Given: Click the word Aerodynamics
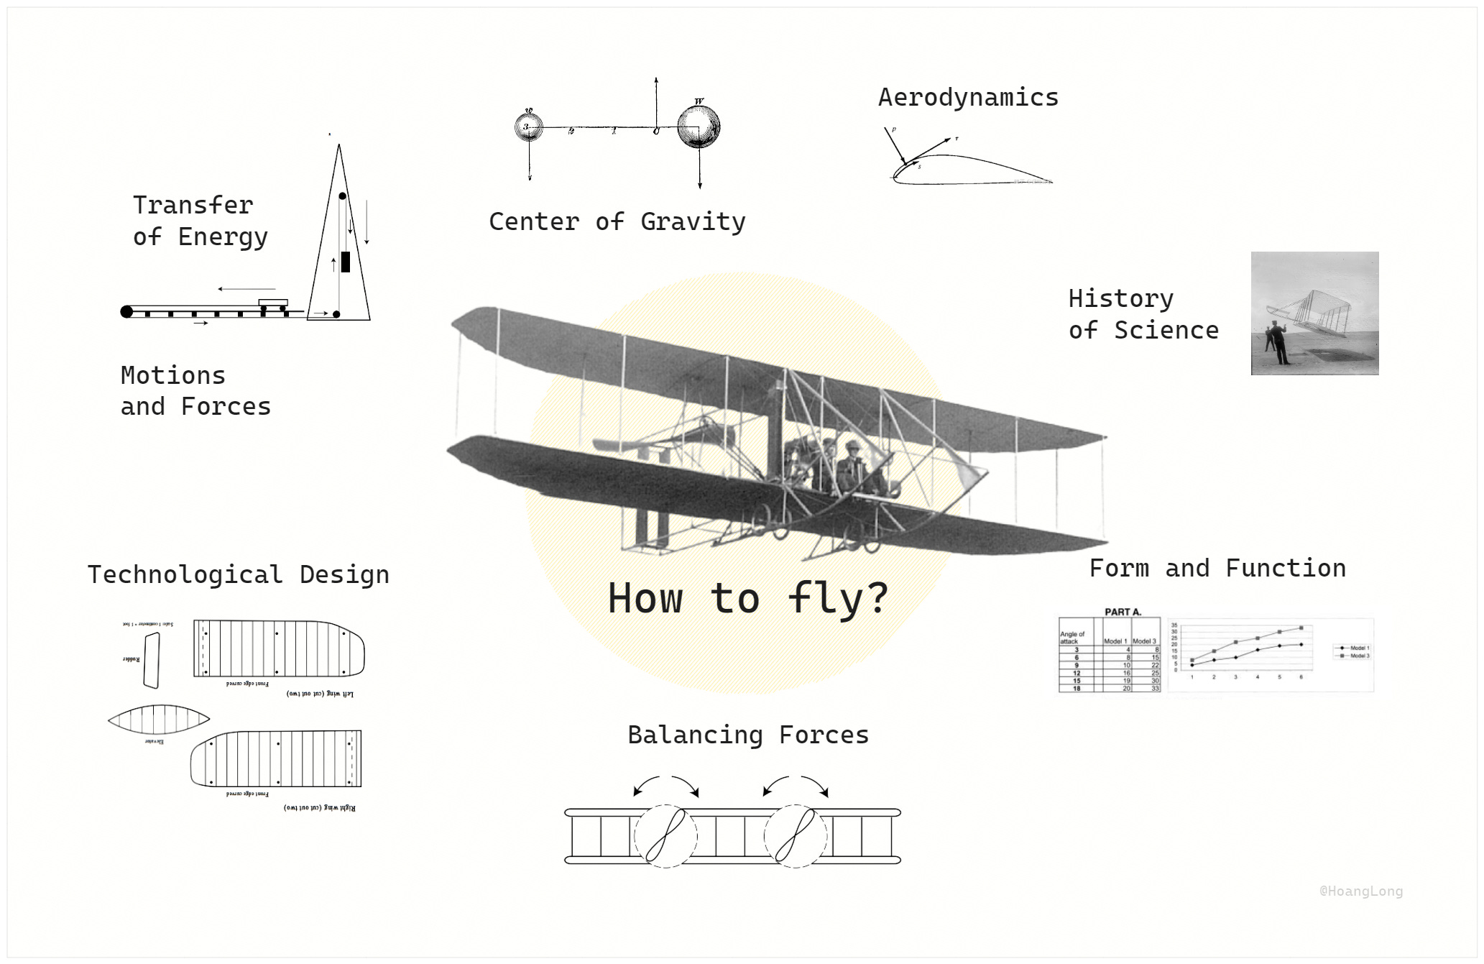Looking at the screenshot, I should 968,98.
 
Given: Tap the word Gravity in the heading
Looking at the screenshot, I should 693,222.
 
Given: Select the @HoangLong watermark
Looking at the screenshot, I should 1360,891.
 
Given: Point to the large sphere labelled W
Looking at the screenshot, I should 698,127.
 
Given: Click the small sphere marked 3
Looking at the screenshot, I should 528,127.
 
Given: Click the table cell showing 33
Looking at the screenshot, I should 1155,688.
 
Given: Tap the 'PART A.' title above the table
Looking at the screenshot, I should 1123,612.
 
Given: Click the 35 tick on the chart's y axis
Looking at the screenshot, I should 1174,625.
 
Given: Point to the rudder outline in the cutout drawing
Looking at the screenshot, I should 151,661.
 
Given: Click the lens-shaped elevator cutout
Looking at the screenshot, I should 159,718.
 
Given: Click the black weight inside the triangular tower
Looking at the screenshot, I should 346,262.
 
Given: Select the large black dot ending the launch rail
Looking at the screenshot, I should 126,311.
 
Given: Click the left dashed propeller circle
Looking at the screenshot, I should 665,836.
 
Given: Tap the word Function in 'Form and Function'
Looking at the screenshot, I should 1285,569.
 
